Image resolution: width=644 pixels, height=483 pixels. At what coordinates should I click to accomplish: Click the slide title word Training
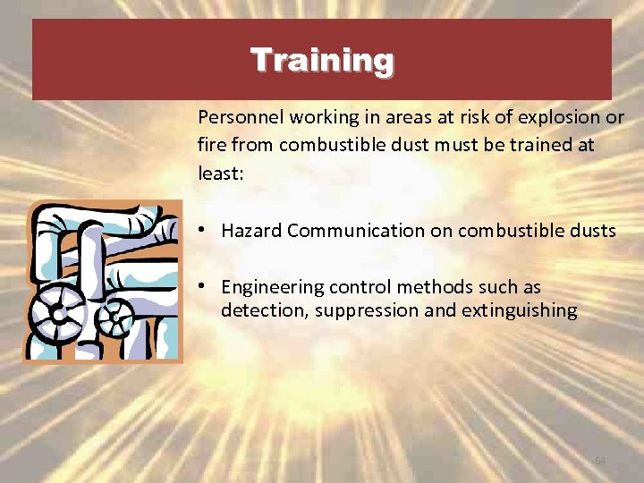(x=322, y=61)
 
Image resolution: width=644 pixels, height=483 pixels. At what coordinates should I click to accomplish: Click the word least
(x=217, y=173)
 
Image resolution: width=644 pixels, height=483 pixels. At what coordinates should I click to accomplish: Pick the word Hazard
(x=251, y=231)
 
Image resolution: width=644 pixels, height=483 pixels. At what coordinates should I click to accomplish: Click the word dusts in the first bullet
(x=592, y=231)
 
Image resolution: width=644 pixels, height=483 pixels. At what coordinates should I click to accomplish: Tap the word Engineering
(x=272, y=288)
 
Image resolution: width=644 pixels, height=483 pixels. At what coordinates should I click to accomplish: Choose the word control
(x=356, y=287)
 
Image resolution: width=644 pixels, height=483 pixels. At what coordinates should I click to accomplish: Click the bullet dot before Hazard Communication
(x=205, y=230)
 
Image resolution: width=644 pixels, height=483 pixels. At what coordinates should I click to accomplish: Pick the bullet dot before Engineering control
(x=205, y=286)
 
